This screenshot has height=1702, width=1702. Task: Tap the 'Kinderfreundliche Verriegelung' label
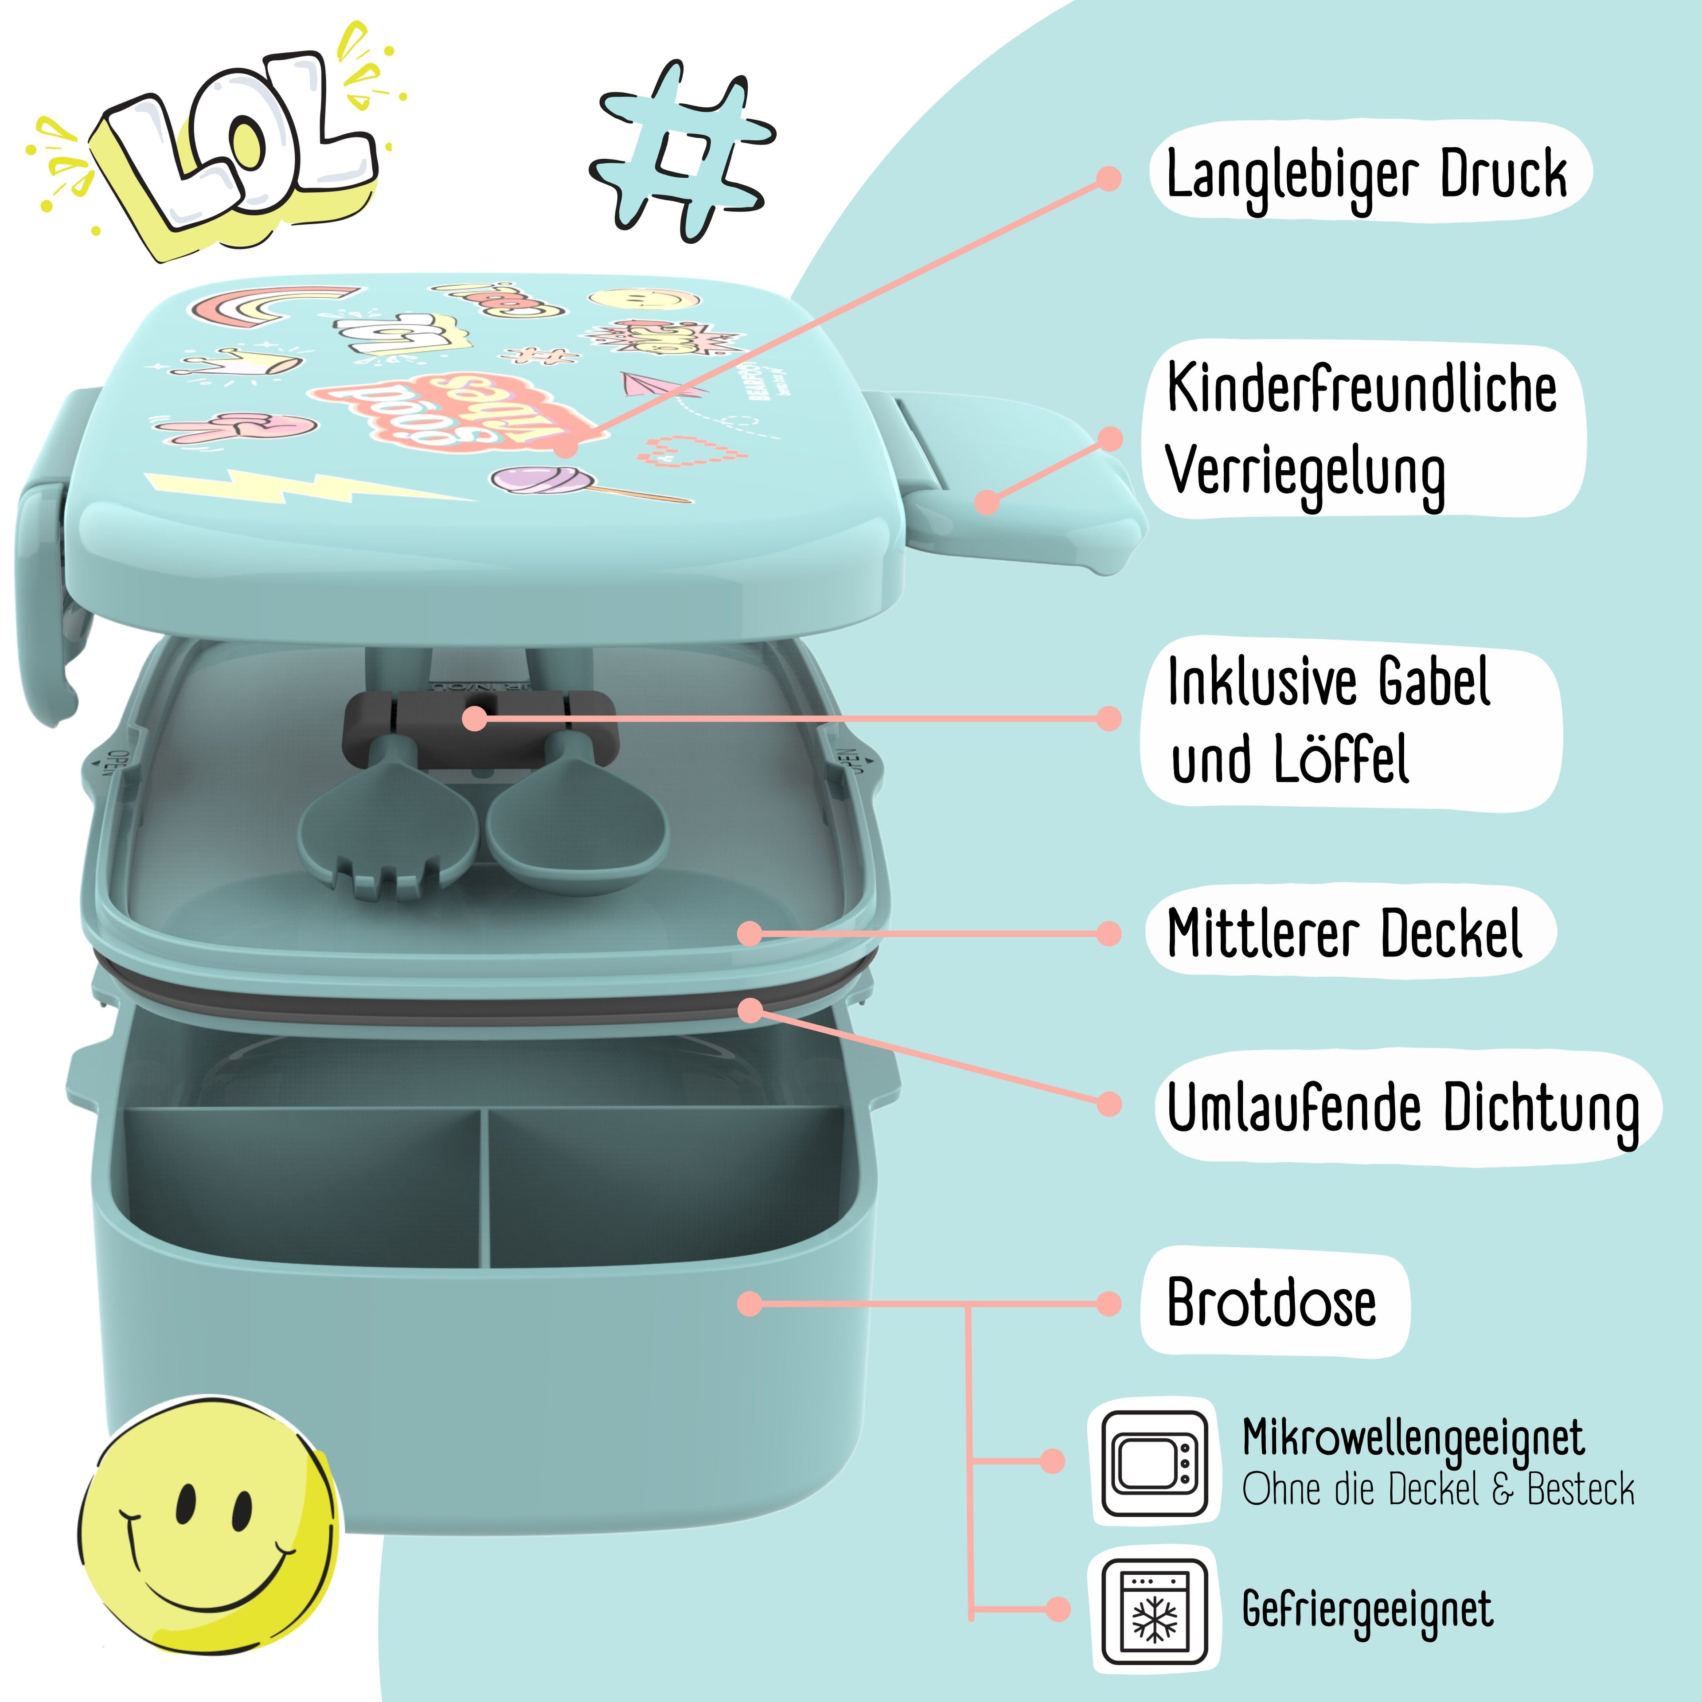coord(1361,430)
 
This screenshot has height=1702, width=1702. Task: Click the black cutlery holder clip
coord(480,715)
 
